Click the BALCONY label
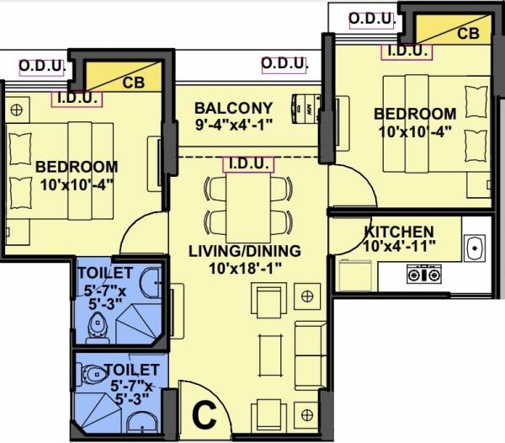tap(233, 108)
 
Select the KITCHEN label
tap(399, 232)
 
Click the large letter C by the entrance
tap(201, 414)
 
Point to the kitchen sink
tap(475, 248)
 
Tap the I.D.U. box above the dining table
tap(247, 163)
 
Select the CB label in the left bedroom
tap(132, 83)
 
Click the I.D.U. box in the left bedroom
tap(77, 98)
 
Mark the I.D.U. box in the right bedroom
tap(407, 51)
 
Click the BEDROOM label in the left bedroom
tap(77, 166)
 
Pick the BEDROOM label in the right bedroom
tap(415, 114)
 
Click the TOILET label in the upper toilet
tap(104, 274)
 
